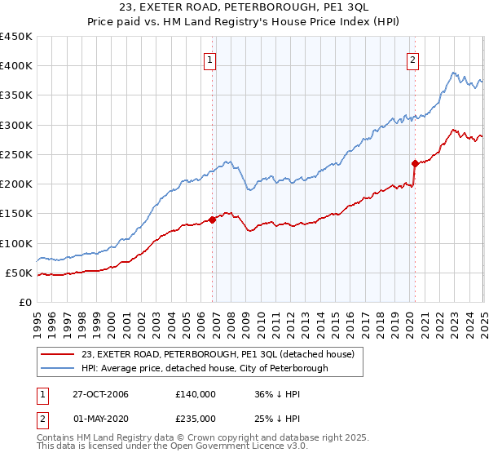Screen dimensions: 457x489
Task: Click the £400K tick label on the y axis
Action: [x=15, y=66]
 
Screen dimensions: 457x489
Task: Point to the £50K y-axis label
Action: [x=19, y=273]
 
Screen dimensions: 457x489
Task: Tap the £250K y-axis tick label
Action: [x=15, y=154]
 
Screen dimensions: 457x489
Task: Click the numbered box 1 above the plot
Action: [x=210, y=59]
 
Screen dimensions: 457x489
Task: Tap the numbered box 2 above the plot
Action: [x=413, y=59]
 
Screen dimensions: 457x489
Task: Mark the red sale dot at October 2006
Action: [x=213, y=219]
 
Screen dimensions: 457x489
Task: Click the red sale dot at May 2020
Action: [x=415, y=162]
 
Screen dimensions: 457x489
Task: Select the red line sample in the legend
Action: [x=58, y=355]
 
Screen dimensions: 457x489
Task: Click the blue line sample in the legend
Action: [x=58, y=368]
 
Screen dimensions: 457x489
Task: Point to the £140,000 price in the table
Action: [x=196, y=394]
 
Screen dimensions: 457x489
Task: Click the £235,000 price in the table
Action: [x=196, y=418]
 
